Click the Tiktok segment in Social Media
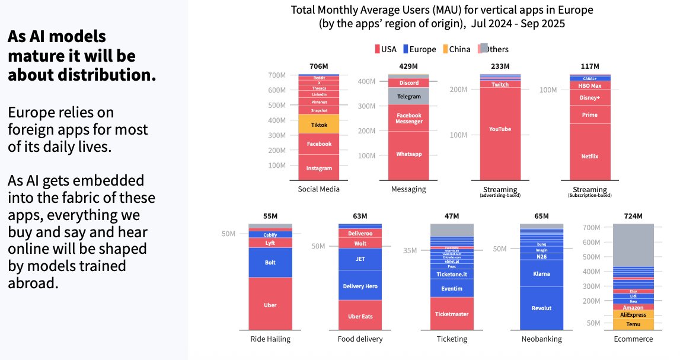tap(319, 124)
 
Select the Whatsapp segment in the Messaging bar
tap(408, 154)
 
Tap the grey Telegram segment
tap(408, 96)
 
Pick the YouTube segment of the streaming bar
tap(500, 129)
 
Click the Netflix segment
tap(590, 157)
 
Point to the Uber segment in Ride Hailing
tap(270, 305)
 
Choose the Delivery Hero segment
tap(360, 286)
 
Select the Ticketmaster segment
tap(451, 314)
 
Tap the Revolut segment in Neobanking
tap(541, 308)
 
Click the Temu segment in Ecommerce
tap(633, 324)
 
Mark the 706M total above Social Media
tap(319, 66)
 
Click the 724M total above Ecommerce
tap(633, 216)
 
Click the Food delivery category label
tap(360, 339)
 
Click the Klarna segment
tap(541, 273)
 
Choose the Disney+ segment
tap(590, 97)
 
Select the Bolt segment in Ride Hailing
tap(270, 262)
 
